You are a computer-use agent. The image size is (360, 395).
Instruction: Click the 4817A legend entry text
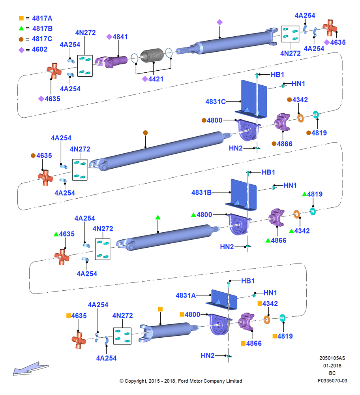(x=42, y=19)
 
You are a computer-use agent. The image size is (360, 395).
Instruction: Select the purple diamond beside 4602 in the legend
(x=22, y=50)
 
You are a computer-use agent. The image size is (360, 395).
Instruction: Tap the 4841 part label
(x=120, y=37)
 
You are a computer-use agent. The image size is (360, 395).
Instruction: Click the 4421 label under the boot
(x=156, y=79)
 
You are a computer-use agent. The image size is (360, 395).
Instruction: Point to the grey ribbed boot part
(x=152, y=55)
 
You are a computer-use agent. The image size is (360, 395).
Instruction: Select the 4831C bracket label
(x=216, y=102)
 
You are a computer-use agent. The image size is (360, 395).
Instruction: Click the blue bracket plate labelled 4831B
(x=241, y=195)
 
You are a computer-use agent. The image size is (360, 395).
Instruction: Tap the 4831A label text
(x=186, y=295)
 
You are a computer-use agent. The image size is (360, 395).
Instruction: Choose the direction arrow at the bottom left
(x=31, y=369)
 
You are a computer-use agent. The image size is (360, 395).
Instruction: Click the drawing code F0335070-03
(x=332, y=381)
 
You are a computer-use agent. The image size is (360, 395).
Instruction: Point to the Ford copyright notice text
(x=181, y=381)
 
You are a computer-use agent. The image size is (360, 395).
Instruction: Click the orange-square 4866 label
(x=254, y=343)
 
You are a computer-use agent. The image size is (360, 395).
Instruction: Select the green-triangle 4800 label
(x=204, y=214)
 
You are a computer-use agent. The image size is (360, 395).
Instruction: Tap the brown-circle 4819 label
(x=319, y=133)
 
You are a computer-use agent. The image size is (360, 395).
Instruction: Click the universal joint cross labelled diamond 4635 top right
(x=330, y=28)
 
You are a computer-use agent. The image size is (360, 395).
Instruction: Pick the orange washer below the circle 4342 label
(x=300, y=118)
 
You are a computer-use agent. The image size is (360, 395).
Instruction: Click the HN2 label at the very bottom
(x=208, y=355)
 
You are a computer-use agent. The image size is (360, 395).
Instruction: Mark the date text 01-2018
(x=332, y=365)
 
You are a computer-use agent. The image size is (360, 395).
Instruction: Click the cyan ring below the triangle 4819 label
(x=313, y=211)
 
